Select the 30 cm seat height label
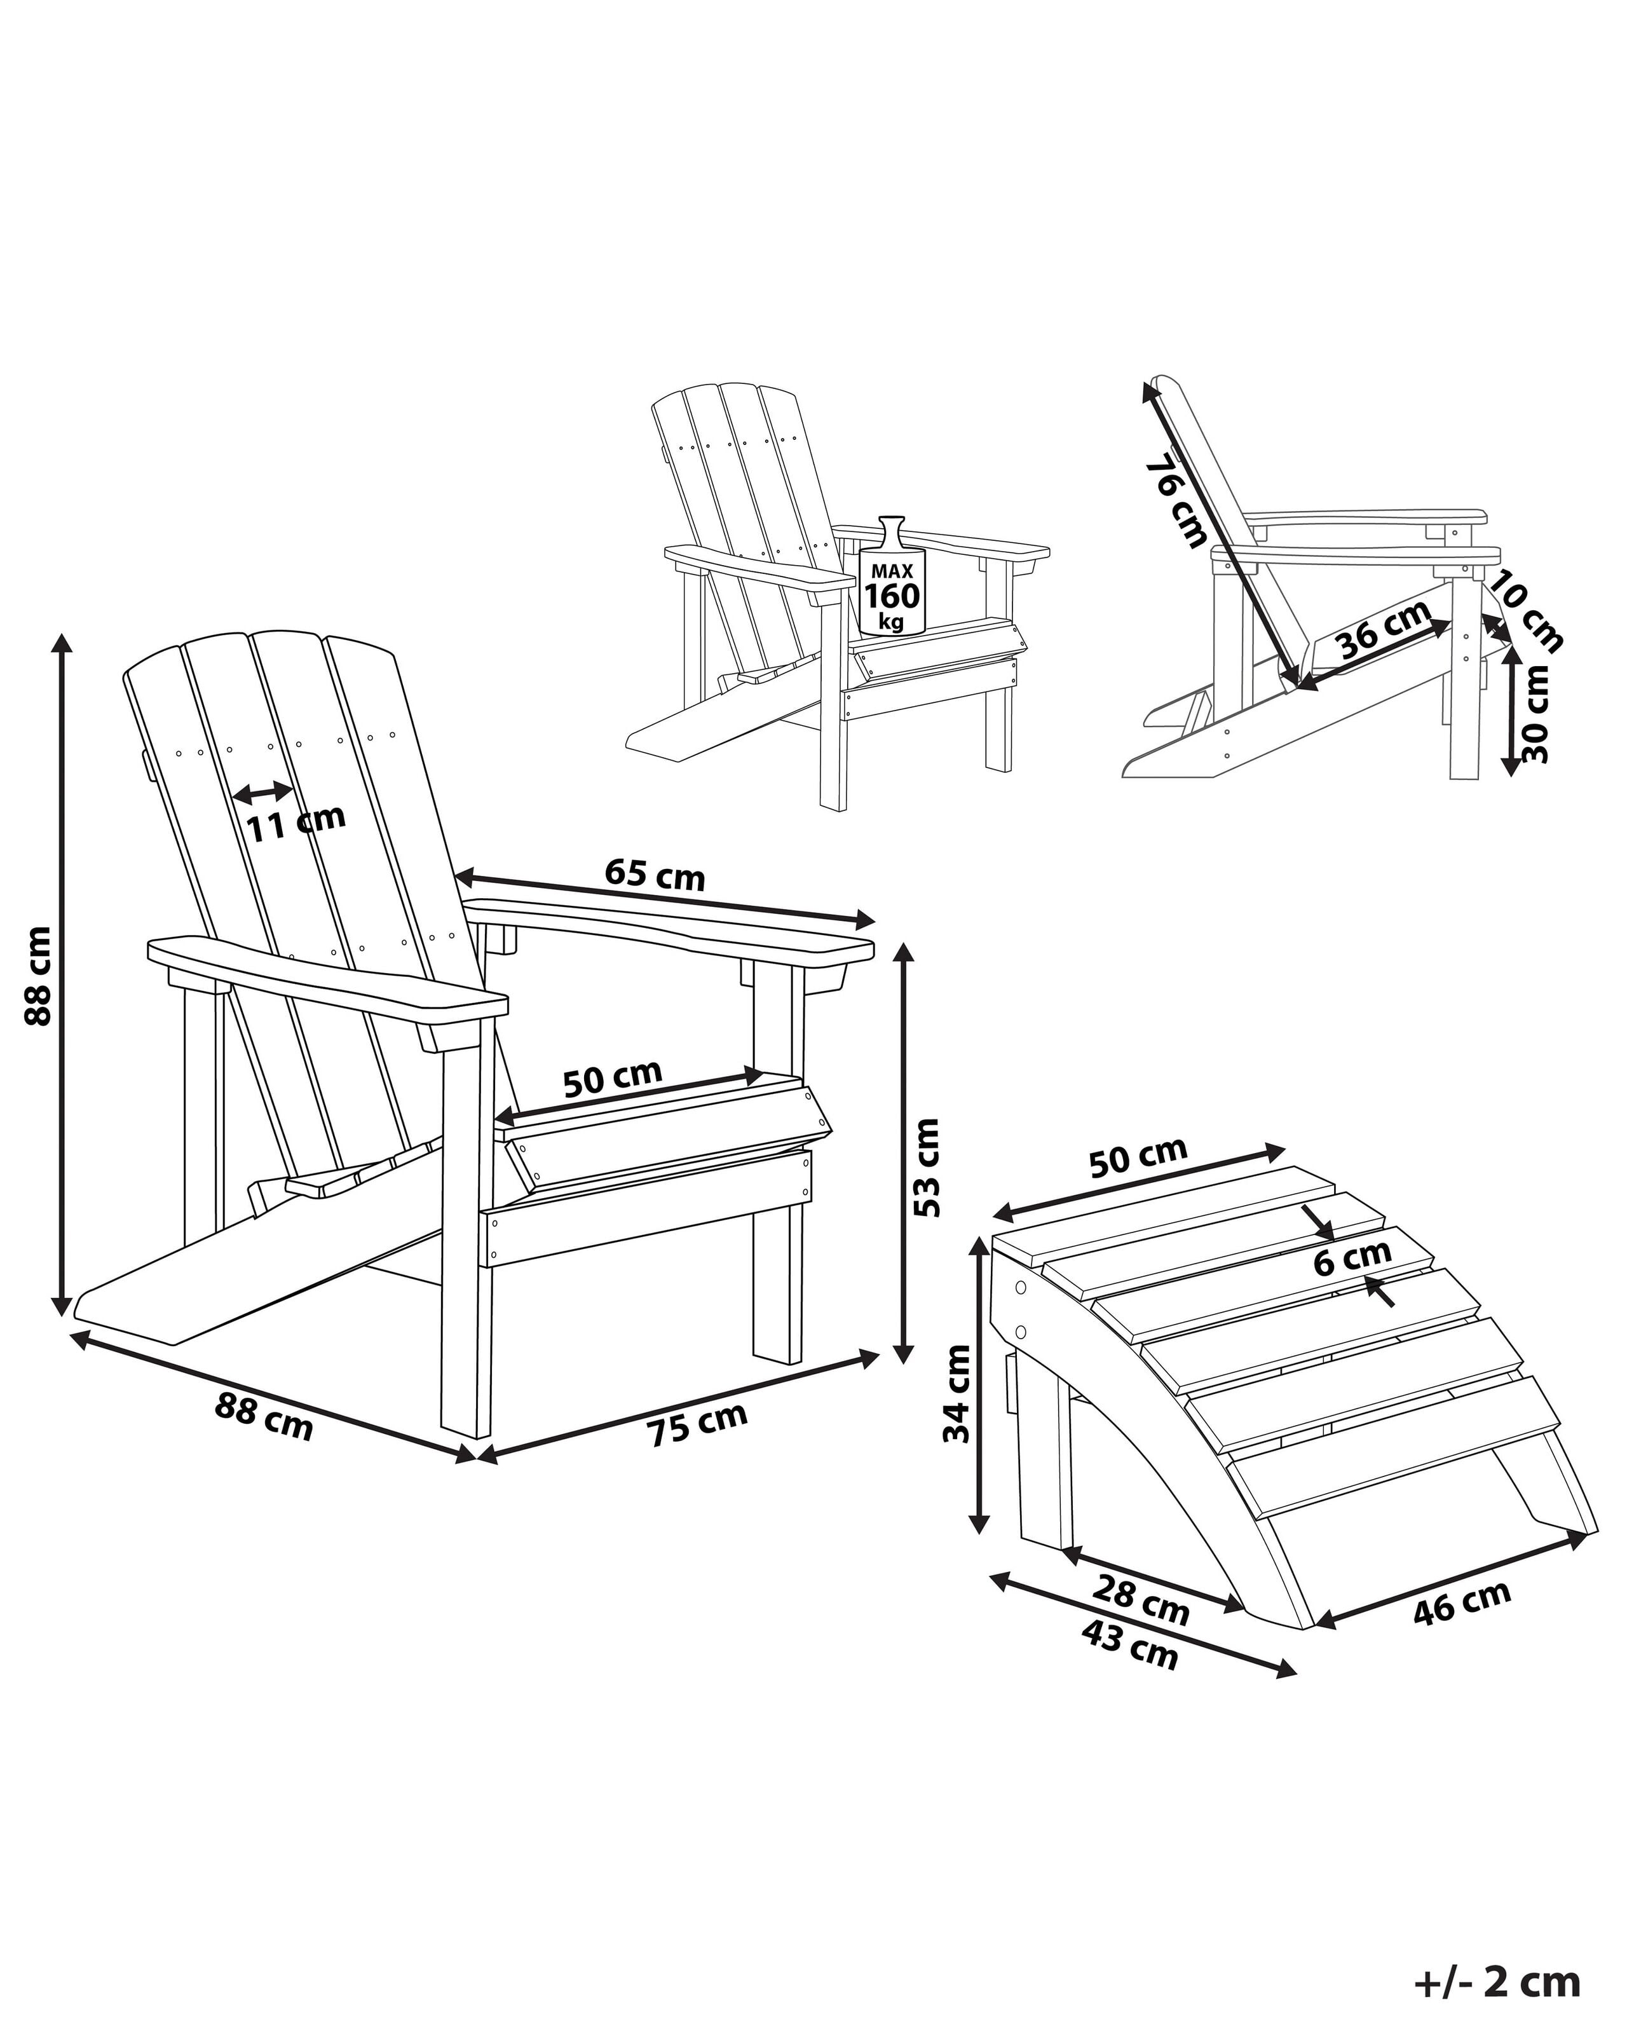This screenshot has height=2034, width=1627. [1535, 714]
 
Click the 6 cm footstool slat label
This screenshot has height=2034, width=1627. [1352, 1257]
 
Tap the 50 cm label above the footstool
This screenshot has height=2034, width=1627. [1138, 1157]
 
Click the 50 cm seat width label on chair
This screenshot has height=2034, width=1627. [612, 1077]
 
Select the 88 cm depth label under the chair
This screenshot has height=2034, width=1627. [263, 1414]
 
